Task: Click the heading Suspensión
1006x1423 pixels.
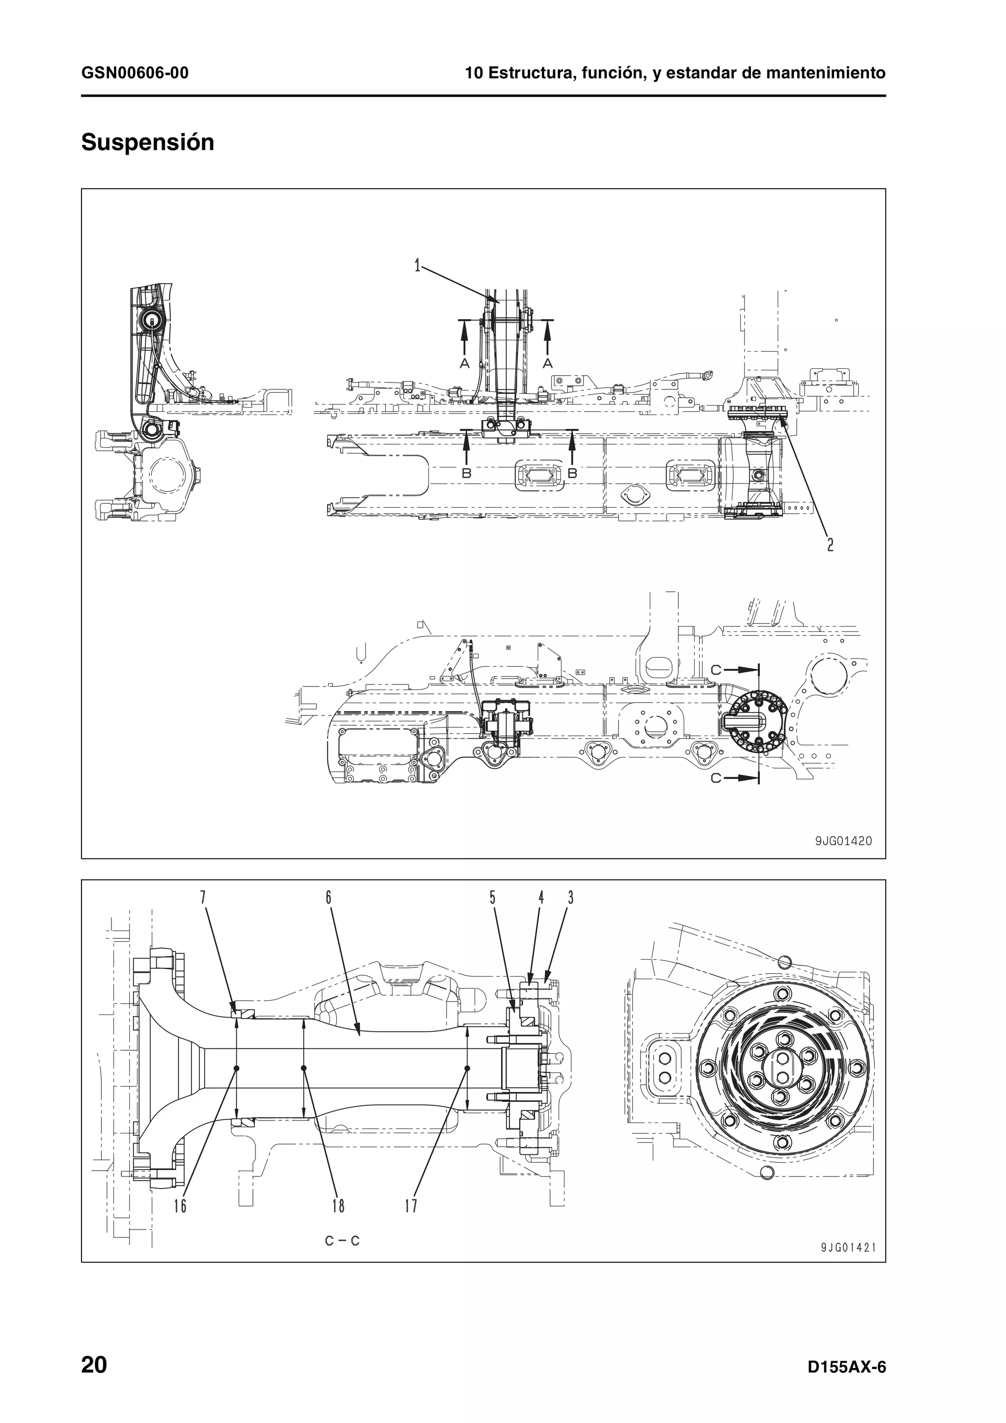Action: click(x=147, y=142)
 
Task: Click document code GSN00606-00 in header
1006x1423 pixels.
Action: click(x=135, y=73)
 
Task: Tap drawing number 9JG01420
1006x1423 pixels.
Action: click(x=842, y=841)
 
